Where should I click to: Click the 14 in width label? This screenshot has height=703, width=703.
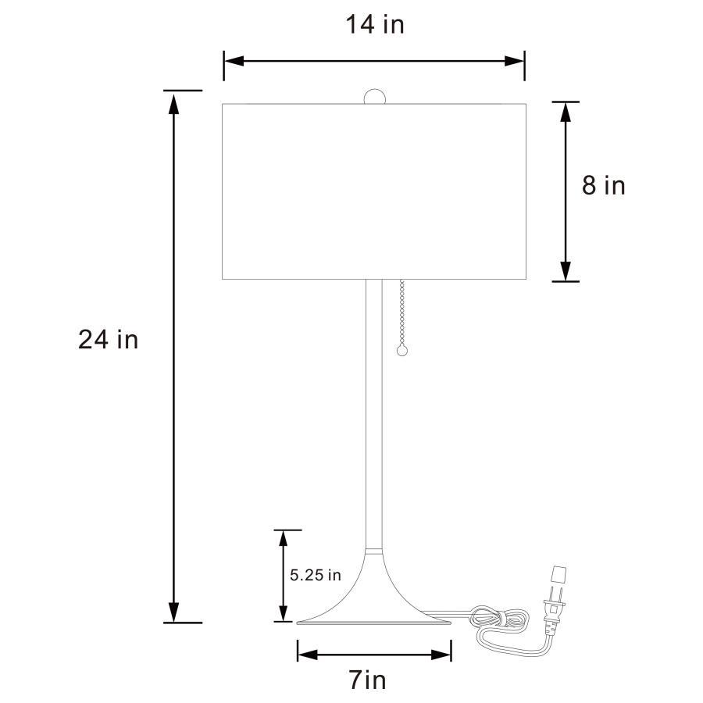375,25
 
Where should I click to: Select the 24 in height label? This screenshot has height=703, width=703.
108,340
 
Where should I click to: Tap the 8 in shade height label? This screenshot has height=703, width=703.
603,186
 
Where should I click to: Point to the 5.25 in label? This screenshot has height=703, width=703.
316,576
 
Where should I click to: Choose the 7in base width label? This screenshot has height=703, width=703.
367,680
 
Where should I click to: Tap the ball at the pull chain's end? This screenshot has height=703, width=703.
403,351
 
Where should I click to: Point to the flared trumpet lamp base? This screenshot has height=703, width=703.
373,594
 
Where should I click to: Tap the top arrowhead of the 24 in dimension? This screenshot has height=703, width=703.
174,101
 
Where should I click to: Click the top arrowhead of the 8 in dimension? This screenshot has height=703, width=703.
566,111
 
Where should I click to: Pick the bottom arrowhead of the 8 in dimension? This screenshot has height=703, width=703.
566,271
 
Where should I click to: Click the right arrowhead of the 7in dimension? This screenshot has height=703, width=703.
444,652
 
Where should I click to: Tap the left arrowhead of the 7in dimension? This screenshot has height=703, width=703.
305,652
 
